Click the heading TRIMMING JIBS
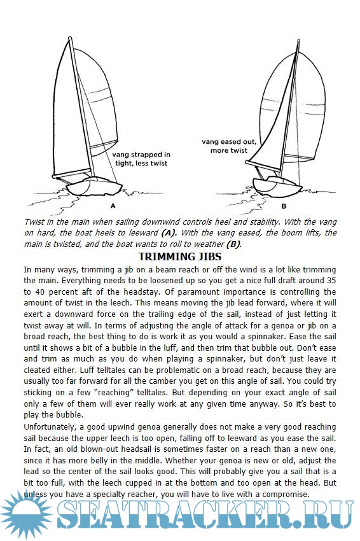179,256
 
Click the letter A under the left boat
113,206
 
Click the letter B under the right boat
284,206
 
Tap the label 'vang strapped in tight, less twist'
141,158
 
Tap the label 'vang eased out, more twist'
229,146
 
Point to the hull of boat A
93,187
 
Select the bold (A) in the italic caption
169,233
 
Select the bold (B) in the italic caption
233,244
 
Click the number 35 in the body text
331,281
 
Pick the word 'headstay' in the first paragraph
141,292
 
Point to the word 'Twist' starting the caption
34,222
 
